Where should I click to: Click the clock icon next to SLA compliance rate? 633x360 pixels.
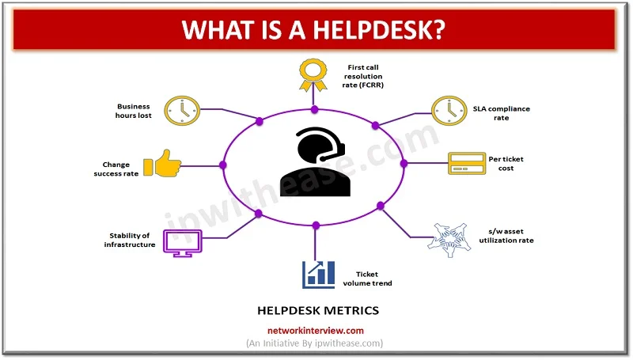[x=446, y=110]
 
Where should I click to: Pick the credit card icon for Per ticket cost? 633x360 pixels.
[x=464, y=164]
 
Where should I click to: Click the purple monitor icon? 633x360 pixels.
[x=179, y=241]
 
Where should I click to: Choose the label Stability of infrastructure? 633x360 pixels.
[x=131, y=240]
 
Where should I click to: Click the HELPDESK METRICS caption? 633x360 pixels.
[x=315, y=310]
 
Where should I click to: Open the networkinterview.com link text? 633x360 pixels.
[x=315, y=331]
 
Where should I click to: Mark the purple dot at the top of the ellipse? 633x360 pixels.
[x=314, y=108]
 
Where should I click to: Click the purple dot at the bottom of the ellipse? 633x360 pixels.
[x=315, y=225]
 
